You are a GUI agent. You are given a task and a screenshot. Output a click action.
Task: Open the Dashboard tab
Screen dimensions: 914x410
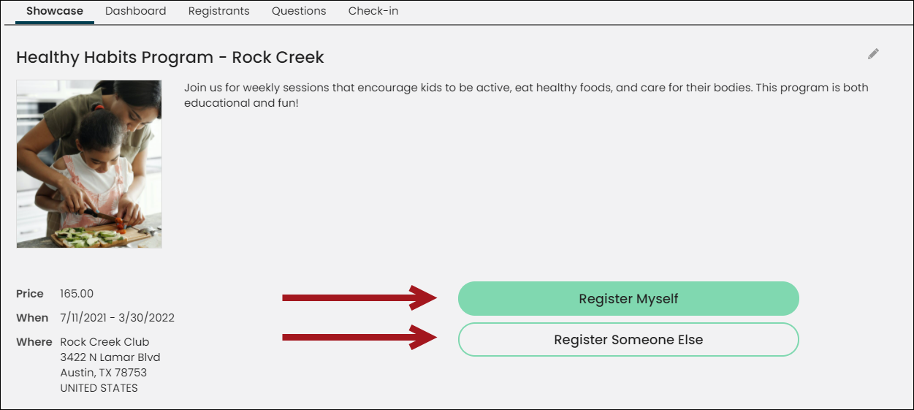[x=135, y=11]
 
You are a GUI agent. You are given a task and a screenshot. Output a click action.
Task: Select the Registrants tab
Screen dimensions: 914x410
[x=218, y=11]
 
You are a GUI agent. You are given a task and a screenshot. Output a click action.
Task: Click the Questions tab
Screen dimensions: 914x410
[x=299, y=11]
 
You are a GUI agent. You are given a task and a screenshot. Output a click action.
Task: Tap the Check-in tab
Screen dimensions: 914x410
[x=373, y=11]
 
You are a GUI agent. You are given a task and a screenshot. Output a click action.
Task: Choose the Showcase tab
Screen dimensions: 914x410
[x=55, y=11]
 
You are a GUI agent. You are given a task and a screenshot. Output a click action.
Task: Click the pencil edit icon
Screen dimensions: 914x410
[x=873, y=54]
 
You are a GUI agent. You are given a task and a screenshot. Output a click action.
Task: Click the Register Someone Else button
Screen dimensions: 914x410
[x=628, y=339]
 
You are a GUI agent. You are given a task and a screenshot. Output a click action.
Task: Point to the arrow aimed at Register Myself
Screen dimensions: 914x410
[x=359, y=297]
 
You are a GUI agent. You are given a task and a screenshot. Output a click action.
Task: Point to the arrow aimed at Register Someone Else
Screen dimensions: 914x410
[x=359, y=337]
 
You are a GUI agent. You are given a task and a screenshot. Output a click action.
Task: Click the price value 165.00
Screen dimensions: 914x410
[x=77, y=294]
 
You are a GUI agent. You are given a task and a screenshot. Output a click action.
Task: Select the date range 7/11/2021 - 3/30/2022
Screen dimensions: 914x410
[x=117, y=318]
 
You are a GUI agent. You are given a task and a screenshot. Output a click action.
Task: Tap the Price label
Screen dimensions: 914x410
[x=30, y=294]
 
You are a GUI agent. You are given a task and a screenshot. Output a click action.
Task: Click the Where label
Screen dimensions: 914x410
[x=34, y=342]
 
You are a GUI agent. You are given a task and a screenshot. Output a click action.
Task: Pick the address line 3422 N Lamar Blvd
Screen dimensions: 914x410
[x=110, y=357]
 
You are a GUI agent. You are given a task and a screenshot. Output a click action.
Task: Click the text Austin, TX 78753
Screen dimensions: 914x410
[x=103, y=373]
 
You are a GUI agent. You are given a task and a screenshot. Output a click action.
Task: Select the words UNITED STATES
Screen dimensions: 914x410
[x=99, y=388]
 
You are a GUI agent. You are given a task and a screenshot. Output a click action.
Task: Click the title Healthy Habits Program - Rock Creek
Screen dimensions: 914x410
[x=170, y=58]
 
